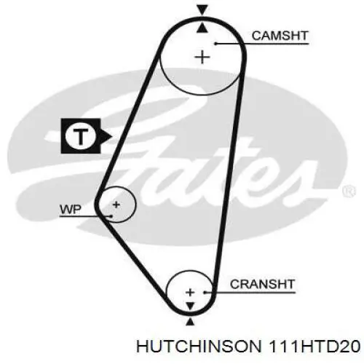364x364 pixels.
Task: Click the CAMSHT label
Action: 280,36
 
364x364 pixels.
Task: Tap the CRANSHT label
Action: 262,284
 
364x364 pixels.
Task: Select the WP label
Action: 71,210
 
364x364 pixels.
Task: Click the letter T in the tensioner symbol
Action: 80,136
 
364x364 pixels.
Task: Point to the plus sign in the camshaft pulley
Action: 202,58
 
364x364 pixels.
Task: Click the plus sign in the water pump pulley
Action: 116,205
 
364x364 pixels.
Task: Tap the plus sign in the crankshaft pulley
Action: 190,292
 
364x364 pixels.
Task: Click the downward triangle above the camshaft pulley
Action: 202,10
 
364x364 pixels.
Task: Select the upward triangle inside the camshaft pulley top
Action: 202,27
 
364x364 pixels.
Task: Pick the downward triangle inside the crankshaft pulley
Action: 190,306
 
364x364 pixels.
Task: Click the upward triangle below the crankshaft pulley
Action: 190,322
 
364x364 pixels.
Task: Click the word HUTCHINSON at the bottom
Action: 199,347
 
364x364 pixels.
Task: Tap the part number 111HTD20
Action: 314,347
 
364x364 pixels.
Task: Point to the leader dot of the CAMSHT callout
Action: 215,44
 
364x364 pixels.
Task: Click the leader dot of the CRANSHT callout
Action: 205,293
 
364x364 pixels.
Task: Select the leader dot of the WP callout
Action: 111,216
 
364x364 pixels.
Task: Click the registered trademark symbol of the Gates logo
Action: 349,191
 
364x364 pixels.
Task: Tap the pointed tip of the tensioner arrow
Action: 112,137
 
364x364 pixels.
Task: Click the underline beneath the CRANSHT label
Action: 250,293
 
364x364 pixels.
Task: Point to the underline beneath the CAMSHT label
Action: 262,44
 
